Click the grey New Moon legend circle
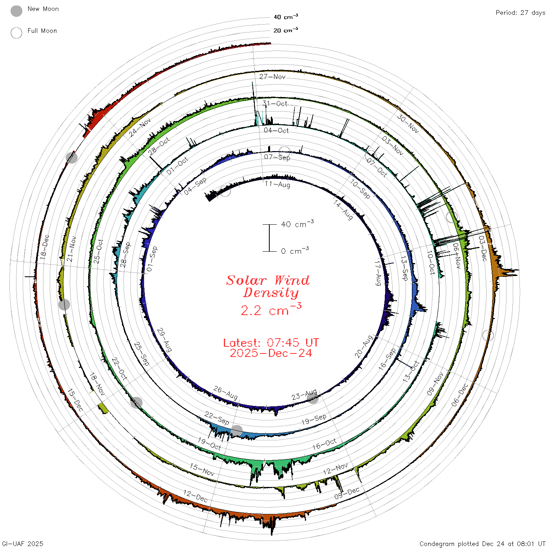tap(16, 11)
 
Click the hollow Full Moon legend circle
tap(16, 33)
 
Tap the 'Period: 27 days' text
tap(520, 13)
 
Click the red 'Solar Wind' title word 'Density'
tap(271, 293)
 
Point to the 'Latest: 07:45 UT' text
tap(271, 342)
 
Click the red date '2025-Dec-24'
tap(271, 353)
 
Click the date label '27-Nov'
tap(272, 76)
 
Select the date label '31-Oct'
tap(275, 103)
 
